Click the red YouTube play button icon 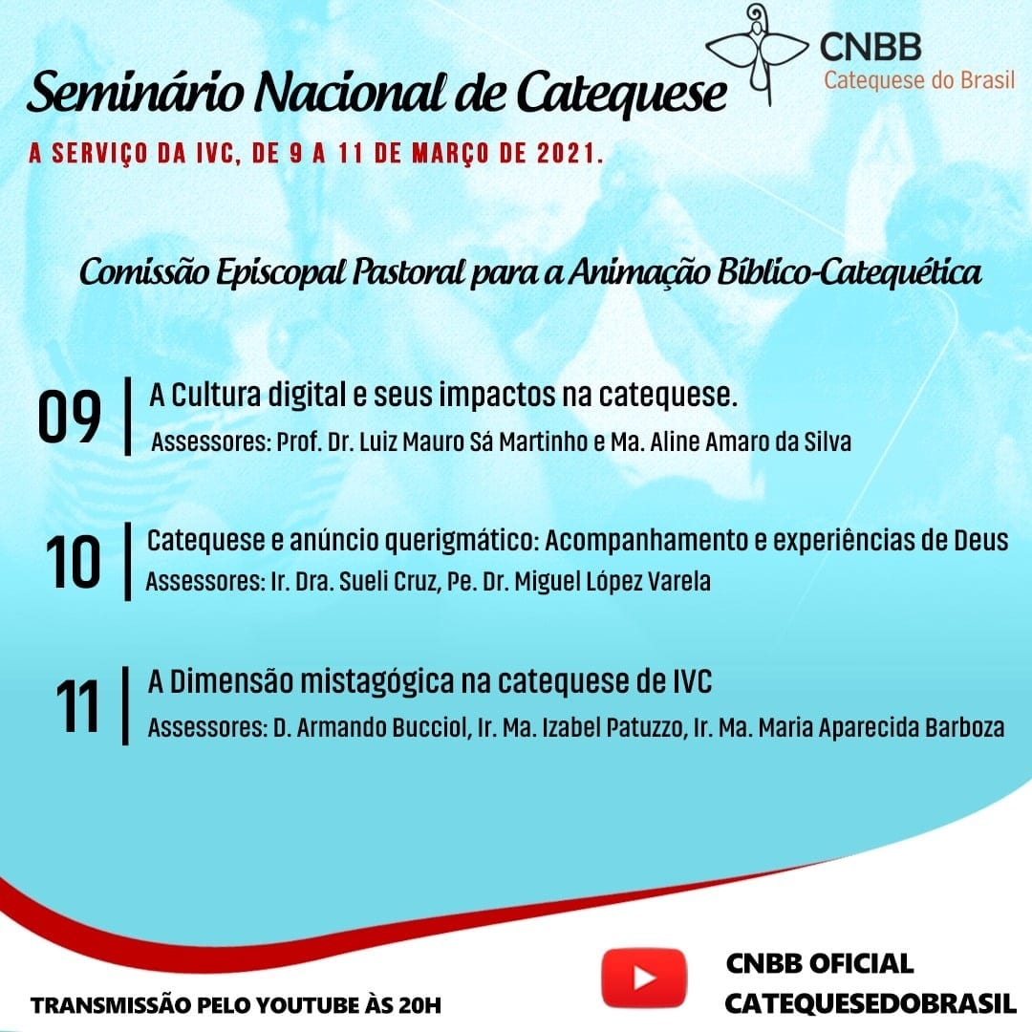(644, 978)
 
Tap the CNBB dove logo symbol (758, 53)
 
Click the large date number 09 (69, 418)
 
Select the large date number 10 (73, 562)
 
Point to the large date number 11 (77, 706)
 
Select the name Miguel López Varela (613, 582)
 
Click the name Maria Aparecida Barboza (881, 728)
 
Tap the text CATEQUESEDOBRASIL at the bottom (871, 1004)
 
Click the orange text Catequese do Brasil (919, 80)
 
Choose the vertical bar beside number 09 (128, 416)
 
